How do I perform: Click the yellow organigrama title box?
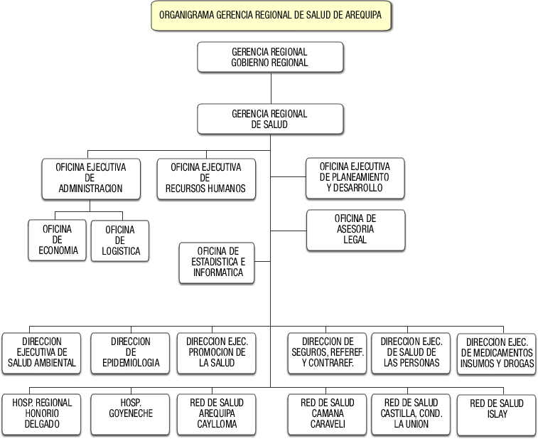(x=271, y=15)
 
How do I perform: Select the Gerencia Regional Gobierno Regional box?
(x=270, y=57)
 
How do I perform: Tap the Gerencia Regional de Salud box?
(x=270, y=119)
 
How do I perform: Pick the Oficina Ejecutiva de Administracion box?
(x=90, y=178)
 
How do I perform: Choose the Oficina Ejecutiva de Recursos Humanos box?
(x=205, y=178)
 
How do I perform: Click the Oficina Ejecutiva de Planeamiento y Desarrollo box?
(x=355, y=177)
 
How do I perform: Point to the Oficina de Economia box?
(x=58, y=240)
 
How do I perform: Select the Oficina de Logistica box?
(x=119, y=240)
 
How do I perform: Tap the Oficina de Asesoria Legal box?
(x=355, y=229)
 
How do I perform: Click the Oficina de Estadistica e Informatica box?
(x=217, y=262)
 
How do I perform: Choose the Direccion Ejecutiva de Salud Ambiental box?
(x=42, y=352)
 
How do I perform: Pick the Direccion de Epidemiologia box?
(x=130, y=352)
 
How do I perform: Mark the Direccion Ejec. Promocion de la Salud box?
(x=217, y=352)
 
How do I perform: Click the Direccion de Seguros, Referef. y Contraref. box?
(x=327, y=352)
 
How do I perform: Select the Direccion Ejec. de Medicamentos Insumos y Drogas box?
(x=496, y=352)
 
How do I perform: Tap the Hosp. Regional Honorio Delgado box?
(x=42, y=413)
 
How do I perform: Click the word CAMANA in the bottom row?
(x=327, y=413)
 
